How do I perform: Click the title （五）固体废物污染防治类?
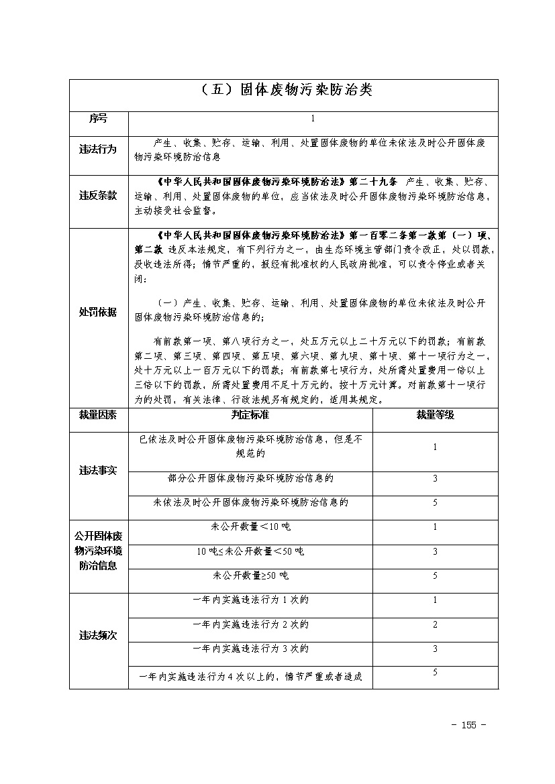[x=285, y=91]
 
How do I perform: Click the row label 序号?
[x=98, y=119]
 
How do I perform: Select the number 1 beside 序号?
[x=313, y=119]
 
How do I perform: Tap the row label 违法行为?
[x=98, y=150]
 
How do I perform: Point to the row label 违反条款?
[x=98, y=196]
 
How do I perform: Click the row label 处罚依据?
[x=98, y=312]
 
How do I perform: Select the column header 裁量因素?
[x=98, y=415]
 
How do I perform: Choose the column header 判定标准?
[x=250, y=415]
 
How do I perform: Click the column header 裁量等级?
[x=435, y=415]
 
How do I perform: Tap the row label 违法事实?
[x=98, y=470]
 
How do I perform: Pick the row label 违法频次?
[x=98, y=635]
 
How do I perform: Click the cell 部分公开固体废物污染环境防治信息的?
[x=250, y=478]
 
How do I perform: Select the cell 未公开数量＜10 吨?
[x=250, y=527]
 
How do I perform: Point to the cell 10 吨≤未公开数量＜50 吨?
[x=250, y=551]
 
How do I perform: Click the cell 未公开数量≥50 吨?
[x=250, y=575]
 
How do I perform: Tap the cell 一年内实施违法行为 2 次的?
[x=250, y=624]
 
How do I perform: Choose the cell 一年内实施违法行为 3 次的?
[x=250, y=649]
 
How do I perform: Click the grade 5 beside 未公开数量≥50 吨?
[x=435, y=575]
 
